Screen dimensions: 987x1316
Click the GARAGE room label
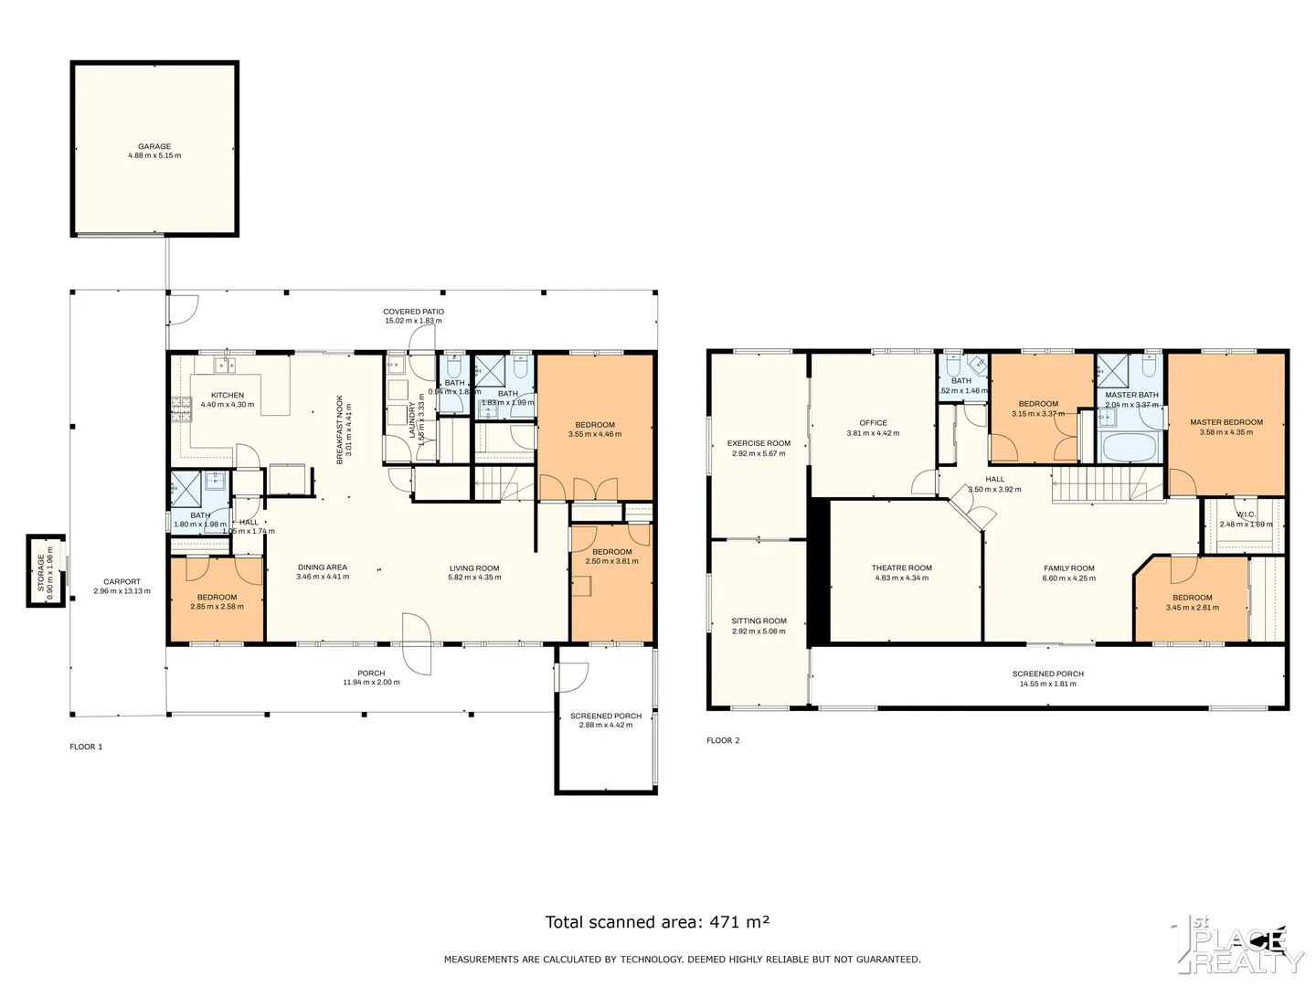point(154,146)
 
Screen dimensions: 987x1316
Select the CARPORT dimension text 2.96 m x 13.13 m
point(122,591)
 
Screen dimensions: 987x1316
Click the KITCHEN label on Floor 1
point(228,395)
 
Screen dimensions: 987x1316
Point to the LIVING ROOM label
point(474,568)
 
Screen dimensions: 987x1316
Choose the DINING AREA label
point(323,568)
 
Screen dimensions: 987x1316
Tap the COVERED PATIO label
point(413,312)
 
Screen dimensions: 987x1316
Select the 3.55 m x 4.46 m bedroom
point(595,429)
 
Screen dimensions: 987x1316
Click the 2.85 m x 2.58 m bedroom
point(217,601)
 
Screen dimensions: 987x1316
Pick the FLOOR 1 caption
point(86,747)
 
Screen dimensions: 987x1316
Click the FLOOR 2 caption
point(723,740)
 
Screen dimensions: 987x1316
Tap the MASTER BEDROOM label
point(1226,422)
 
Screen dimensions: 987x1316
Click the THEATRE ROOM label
point(901,568)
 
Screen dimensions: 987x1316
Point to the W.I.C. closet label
point(1245,515)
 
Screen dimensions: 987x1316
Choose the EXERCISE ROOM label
point(759,443)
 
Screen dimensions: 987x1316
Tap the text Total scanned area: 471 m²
point(657,922)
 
